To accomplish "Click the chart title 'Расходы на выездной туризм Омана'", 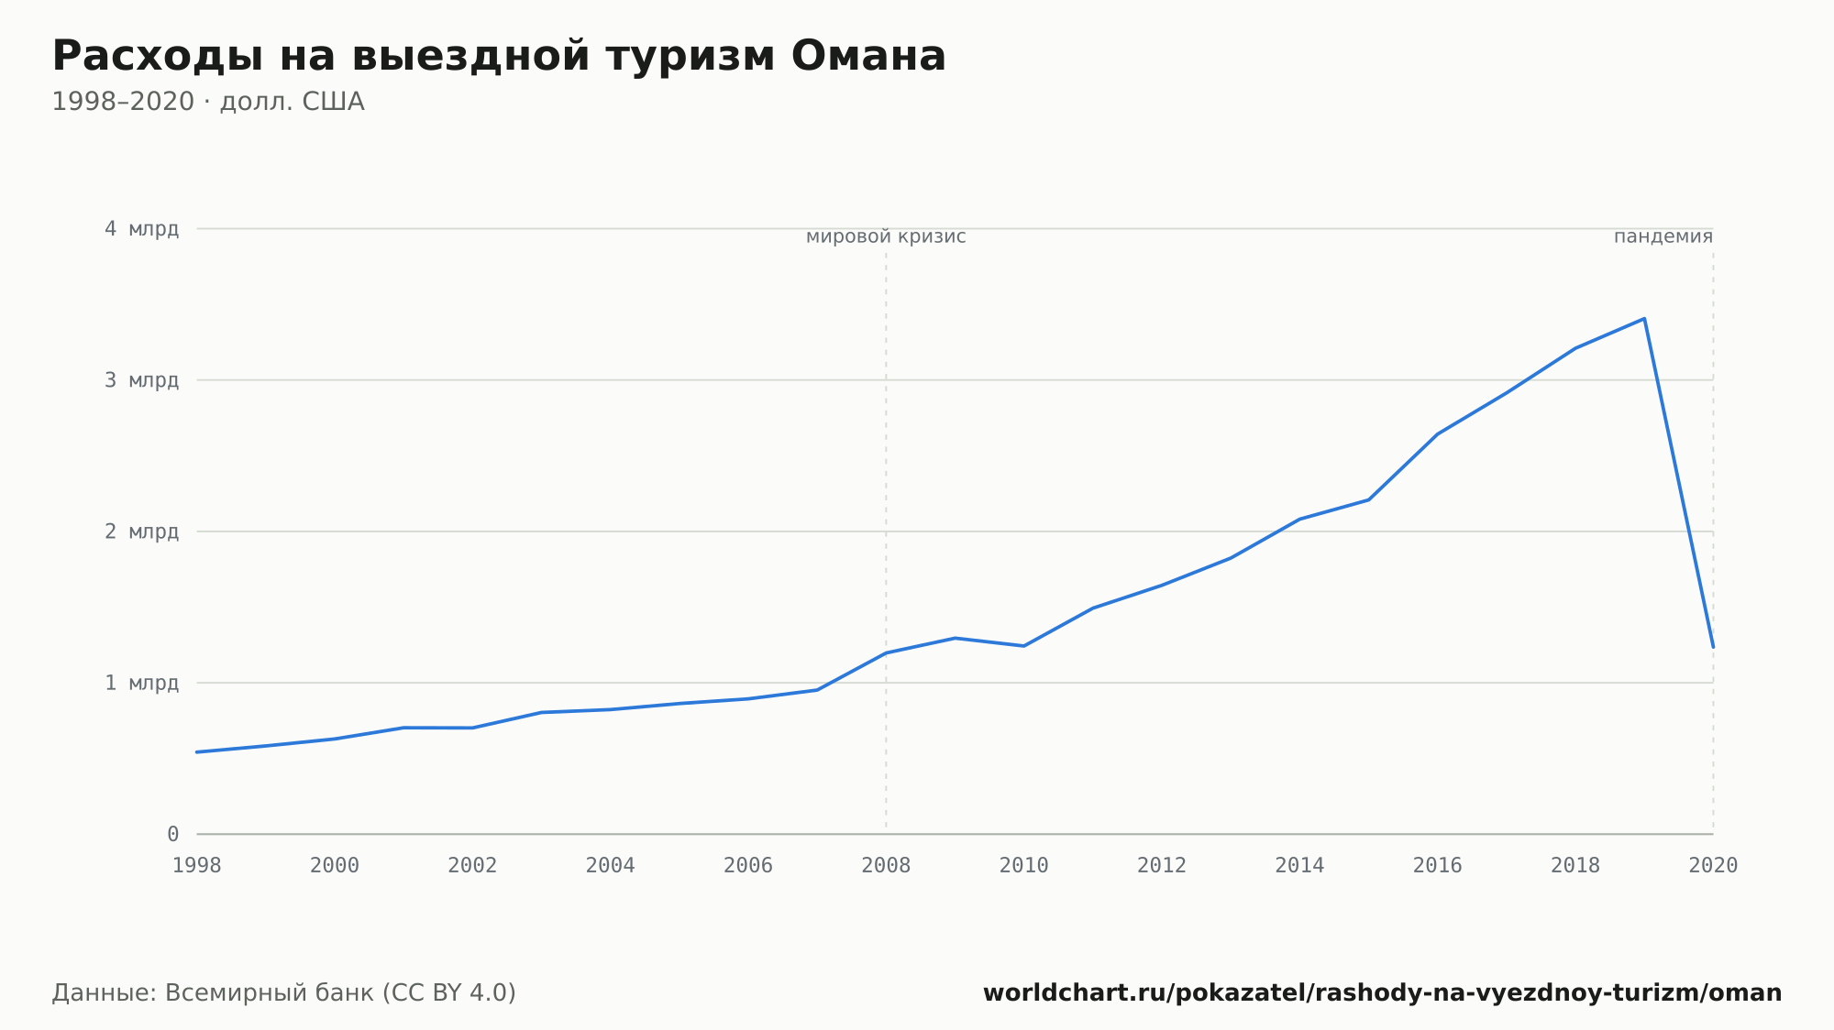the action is (x=499, y=56).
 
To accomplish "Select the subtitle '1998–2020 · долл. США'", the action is (x=208, y=102).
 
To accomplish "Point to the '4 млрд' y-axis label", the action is (x=141, y=229).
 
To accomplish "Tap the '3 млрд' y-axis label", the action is (x=141, y=380).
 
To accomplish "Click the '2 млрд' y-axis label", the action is (x=141, y=531).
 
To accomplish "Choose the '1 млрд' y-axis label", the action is (x=141, y=683).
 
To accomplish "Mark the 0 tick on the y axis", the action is (x=173, y=834).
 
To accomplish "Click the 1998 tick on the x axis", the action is (x=197, y=866).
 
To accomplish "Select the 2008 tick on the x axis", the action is (x=886, y=866).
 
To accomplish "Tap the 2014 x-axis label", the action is (x=1299, y=866).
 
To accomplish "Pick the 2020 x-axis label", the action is (x=1713, y=866).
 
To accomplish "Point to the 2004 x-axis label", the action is (x=611, y=866).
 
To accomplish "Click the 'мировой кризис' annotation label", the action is (x=886, y=237).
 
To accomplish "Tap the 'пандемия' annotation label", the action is (x=1663, y=237).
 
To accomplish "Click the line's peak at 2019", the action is (x=1644, y=319).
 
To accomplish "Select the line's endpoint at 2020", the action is (x=1713, y=647).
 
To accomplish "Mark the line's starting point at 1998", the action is (x=197, y=752).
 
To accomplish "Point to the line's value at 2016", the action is (x=1437, y=434).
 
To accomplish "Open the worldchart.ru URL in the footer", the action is (x=1382, y=993).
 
